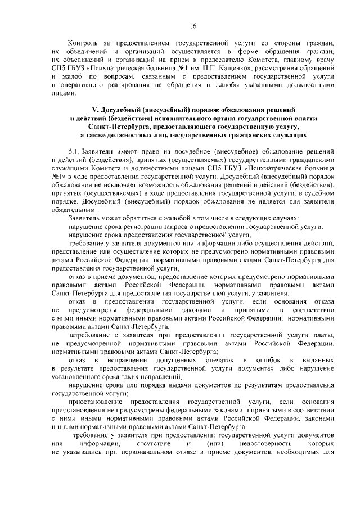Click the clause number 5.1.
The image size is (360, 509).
tap(74, 152)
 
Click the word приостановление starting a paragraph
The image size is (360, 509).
tap(94, 403)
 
